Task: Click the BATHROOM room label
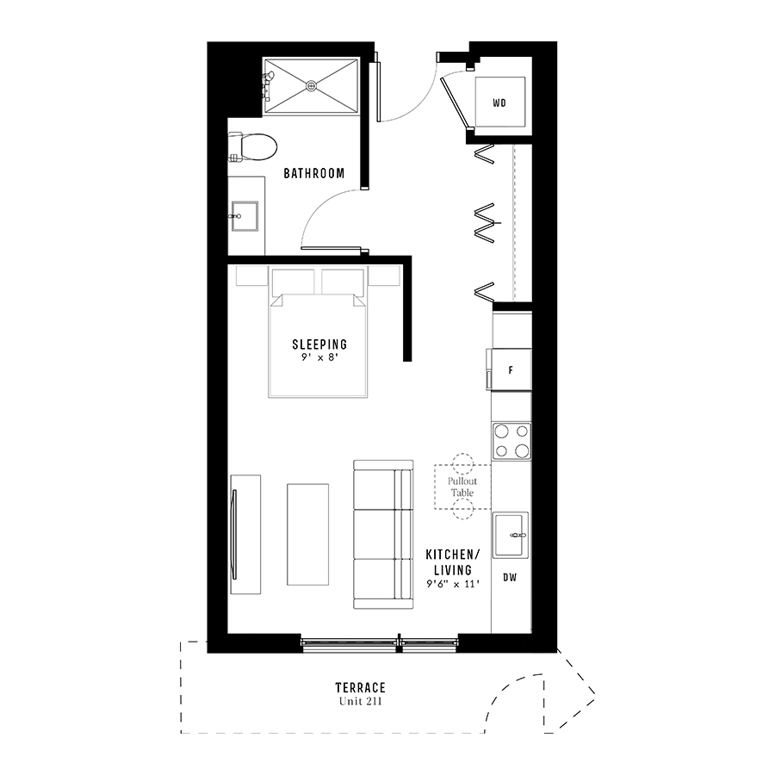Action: click(x=313, y=173)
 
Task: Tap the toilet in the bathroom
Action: click(x=252, y=146)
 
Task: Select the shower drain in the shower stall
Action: click(x=311, y=86)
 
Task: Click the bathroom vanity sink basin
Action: click(x=245, y=216)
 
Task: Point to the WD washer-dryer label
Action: click(x=499, y=103)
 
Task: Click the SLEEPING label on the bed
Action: click(x=319, y=344)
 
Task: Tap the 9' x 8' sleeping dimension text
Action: click(x=319, y=357)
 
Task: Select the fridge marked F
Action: click(x=509, y=369)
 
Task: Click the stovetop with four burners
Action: click(x=512, y=442)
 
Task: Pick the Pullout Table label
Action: click(x=462, y=487)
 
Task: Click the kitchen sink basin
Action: click(x=510, y=536)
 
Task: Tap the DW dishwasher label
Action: click(x=510, y=577)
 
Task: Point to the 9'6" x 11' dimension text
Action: click(x=453, y=584)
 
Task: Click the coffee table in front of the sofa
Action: click(x=308, y=534)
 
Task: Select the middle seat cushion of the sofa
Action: click(x=375, y=534)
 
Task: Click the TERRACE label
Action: click(x=360, y=687)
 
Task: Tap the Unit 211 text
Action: click(x=360, y=701)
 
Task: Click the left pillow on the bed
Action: click(x=293, y=282)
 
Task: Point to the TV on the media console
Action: click(x=234, y=534)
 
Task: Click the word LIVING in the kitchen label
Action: click(x=453, y=570)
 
